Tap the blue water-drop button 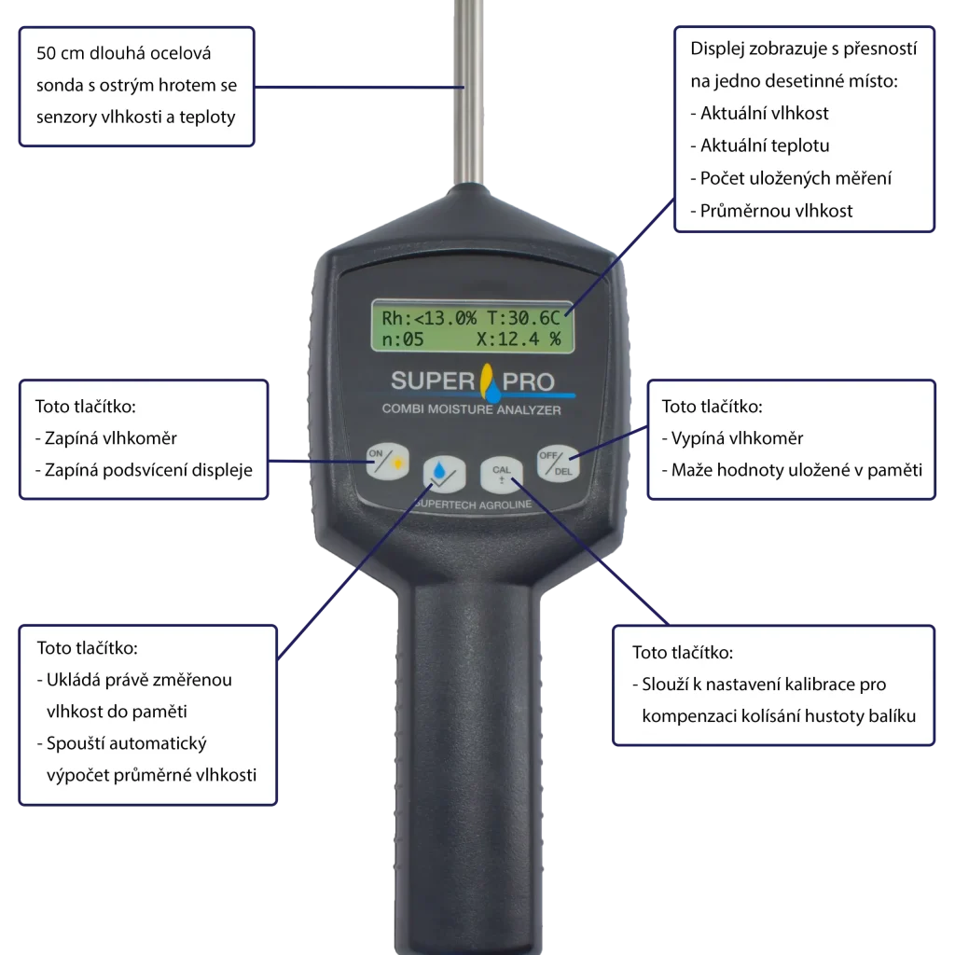point(444,473)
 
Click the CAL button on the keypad point(501,474)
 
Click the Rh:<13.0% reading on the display point(429,318)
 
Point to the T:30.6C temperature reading point(523,318)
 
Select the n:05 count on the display point(403,339)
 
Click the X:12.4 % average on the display point(519,339)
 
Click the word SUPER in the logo point(433,381)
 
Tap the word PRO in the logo point(528,381)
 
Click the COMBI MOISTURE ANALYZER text point(471,409)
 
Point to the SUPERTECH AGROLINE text point(473,505)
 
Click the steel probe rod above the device point(468,91)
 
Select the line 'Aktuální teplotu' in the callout point(760,145)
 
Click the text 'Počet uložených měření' point(791,178)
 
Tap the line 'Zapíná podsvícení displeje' point(144,470)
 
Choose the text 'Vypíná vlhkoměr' point(733,438)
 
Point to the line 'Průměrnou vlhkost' point(771,211)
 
